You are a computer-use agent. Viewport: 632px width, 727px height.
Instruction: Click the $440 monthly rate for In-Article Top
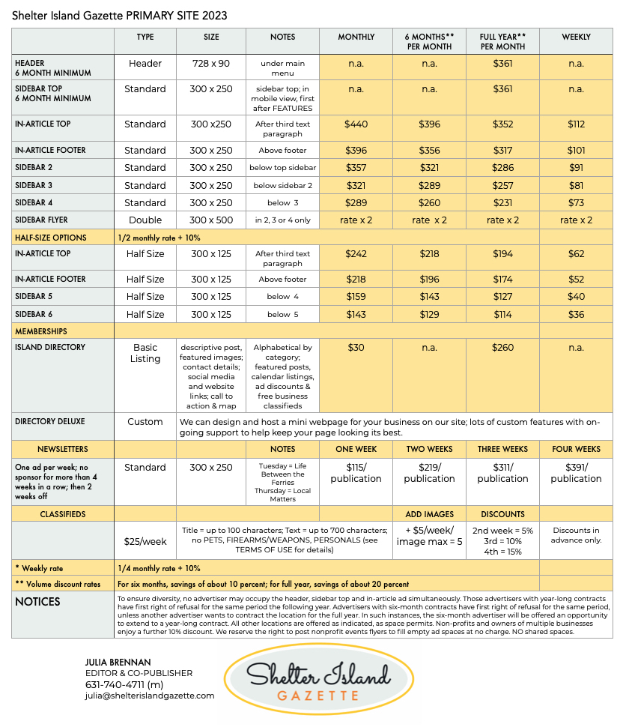pos(356,124)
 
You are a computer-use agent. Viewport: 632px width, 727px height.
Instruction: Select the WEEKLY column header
pos(576,37)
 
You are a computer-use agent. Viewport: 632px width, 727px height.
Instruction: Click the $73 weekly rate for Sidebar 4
pos(576,203)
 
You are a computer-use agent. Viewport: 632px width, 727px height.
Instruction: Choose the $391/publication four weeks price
pos(576,473)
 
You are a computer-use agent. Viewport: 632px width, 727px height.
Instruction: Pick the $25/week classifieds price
pos(145,540)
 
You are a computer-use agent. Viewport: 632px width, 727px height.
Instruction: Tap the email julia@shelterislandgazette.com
pos(150,696)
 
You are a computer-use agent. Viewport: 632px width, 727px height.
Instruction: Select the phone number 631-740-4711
pos(124,684)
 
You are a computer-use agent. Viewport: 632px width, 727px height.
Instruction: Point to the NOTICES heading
pos(37,602)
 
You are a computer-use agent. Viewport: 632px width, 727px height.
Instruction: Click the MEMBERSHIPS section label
pos(41,331)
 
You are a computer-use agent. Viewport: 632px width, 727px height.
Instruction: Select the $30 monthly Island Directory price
pos(356,348)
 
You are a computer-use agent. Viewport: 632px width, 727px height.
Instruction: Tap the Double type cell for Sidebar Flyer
pos(145,220)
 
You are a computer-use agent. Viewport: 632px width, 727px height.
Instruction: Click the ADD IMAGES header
pos(429,515)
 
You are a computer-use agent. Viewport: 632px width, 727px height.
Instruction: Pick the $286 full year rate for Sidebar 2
pos(502,168)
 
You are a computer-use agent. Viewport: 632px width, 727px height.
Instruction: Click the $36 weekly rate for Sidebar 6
pos(576,315)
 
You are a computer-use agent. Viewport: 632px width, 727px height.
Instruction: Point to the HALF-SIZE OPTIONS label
pos(51,238)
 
